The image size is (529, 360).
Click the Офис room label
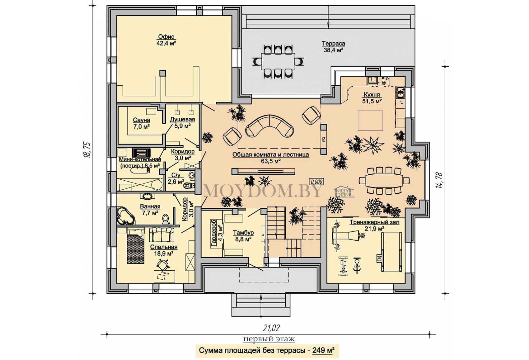[166, 37]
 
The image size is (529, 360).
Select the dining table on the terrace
[278, 61]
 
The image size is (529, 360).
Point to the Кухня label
[372, 95]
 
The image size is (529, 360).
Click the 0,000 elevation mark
[317, 182]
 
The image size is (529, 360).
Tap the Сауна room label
[142, 120]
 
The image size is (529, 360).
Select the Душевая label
[183, 119]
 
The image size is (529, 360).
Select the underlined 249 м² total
[323, 350]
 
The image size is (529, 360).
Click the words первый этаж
[269, 339]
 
